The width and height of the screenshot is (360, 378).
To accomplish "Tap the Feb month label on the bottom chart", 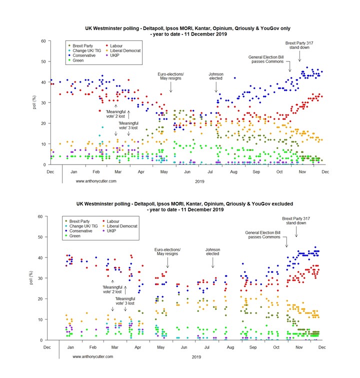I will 92,346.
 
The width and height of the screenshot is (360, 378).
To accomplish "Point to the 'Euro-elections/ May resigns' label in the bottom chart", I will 167,252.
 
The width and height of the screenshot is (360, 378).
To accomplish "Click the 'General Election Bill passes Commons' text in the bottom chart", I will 264,234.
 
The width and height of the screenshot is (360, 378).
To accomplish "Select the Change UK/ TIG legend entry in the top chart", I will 88,50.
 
